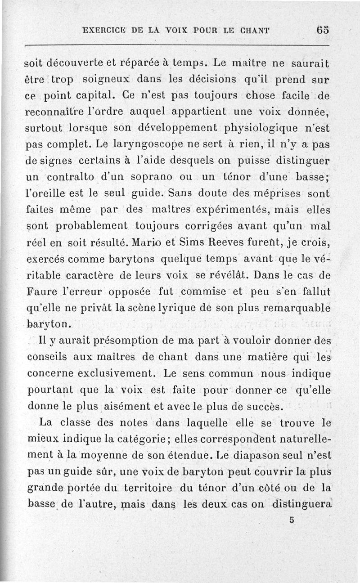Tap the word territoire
130,488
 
